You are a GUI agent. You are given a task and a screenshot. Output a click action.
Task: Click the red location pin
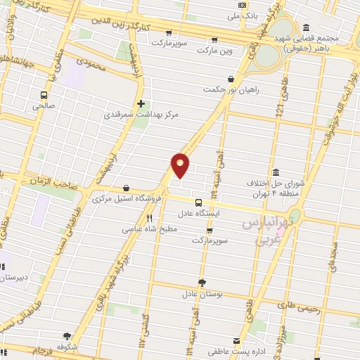pos(181,165)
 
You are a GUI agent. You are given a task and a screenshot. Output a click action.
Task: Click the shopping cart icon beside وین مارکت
pos(214,39)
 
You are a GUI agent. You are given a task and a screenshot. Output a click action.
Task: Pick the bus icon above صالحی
pos(44,95)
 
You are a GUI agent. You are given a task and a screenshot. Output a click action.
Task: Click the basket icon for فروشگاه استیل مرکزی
pos(126,188)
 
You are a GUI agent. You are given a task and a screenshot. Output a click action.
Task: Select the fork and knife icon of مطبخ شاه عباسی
pos(149,218)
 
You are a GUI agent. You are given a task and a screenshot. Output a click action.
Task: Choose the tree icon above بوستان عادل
pos(202,282)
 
